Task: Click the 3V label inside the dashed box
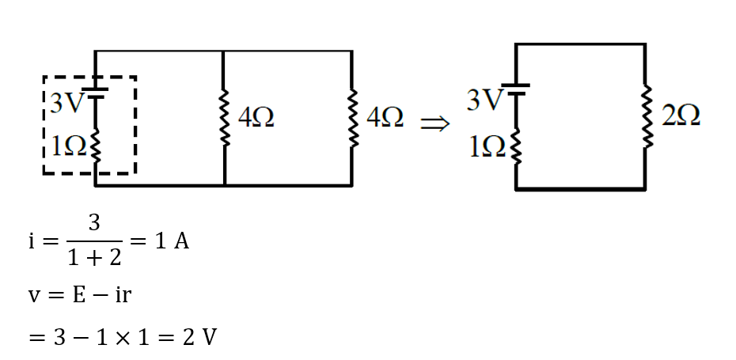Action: click(x=65, y=104)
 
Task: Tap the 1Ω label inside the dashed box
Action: click(x=65, y=145)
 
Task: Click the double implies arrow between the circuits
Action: click(x=434, y=123)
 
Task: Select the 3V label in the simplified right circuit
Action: click(x=484, y=100)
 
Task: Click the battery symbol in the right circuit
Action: click(x=516, y=89)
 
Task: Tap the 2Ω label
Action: click(x=680, y=117)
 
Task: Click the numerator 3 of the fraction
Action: click(x=93, y=224)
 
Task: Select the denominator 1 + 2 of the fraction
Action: click(x=93, y=257)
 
